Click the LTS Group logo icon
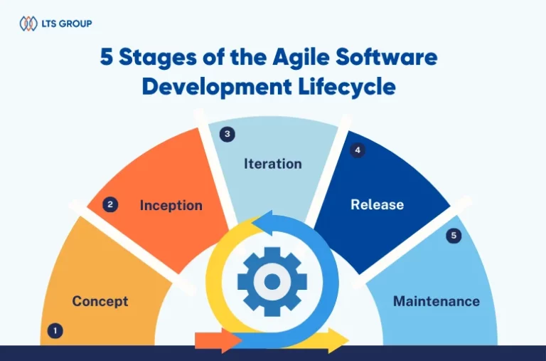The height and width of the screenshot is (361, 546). [28, 23]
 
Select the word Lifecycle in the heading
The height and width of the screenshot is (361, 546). [347, 86]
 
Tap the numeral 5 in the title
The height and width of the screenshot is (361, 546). [106, 57]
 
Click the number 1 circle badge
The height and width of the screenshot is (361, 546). [55, 330]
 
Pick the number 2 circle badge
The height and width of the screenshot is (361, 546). [110, 204]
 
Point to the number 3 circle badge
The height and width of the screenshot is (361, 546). [227, 134]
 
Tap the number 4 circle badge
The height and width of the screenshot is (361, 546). [358, 150]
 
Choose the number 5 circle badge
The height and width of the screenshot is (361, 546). [454, 236]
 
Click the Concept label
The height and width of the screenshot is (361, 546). [100, 301]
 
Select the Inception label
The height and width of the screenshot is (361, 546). [171, 206]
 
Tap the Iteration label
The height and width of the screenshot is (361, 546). [273, 164]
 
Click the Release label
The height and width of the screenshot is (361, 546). [377, 204]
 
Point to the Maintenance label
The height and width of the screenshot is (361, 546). [437, 301]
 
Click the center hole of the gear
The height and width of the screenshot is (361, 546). [272, 281]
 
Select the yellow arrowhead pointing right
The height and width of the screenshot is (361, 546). [338, 340]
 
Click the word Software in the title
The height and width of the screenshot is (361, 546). [387, 56]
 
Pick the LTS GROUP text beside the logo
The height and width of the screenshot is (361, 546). [67, 23]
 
